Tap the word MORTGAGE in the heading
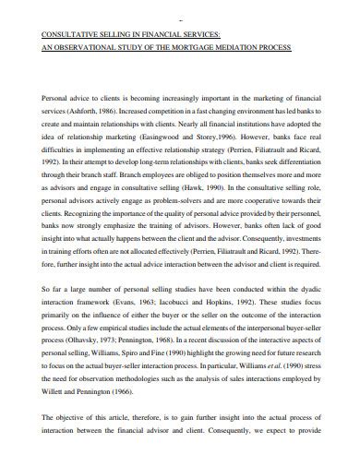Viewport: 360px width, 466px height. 209,43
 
